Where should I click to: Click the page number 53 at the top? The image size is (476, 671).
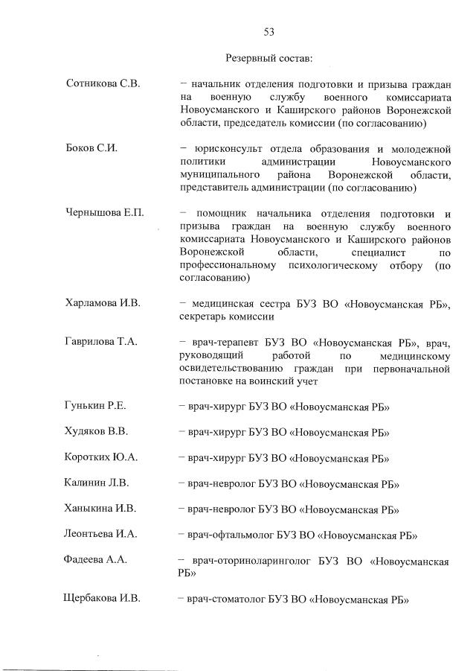269,31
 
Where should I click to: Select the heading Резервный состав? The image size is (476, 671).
268,57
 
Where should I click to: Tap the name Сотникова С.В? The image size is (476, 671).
103,83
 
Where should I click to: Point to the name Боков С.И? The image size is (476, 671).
92,148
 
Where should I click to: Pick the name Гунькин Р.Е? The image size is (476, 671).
96,406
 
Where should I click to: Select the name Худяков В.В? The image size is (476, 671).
97,432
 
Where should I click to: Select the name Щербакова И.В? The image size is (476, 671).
103,599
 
